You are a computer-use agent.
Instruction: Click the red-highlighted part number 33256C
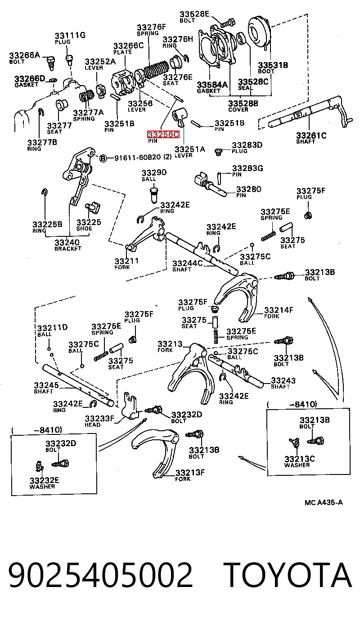[163, 135]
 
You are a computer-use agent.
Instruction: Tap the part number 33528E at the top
[194, 14]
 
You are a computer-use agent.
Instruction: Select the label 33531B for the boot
[273, 65]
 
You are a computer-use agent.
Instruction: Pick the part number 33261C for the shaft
[311, 135]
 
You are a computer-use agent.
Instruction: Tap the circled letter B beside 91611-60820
[103, 158]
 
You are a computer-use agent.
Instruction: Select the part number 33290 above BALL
[154, 172]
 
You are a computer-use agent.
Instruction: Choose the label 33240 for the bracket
[67, 242]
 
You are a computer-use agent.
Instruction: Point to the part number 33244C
[188, 263]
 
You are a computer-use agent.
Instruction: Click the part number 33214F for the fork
[279, 310]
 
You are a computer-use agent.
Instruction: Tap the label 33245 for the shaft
[46, 385]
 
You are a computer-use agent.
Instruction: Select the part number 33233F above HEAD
[99, 419]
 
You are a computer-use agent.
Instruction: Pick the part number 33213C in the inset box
[299, 459]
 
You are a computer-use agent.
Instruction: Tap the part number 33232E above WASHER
[45, 480]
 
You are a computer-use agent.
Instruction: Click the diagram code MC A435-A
[324, 502]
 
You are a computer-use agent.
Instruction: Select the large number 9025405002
[100, 575]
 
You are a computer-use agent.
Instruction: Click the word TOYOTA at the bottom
[288, 575]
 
